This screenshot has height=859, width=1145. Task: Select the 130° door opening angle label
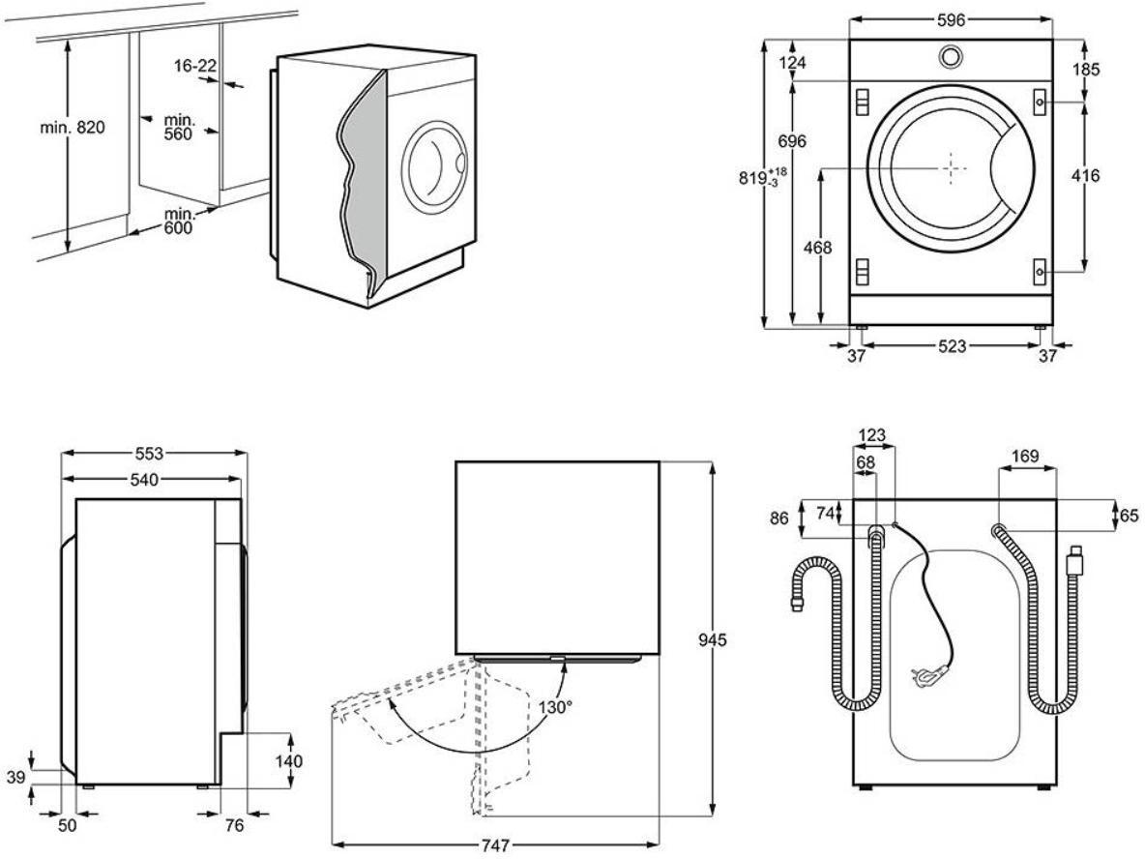click(x=557, y=707)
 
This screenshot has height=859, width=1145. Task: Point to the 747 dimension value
click(x=495, y=845)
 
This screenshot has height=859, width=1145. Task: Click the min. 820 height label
click(x=72, y=129)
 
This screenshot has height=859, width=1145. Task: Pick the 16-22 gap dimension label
click(x=194, y=65)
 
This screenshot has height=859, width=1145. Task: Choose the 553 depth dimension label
click(x=149, y=453)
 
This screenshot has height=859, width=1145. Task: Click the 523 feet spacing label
click(x=952, y=346)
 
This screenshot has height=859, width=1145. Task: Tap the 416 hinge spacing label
click(x=1086, y=176)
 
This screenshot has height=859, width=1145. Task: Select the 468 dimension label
click(x=818, y=248)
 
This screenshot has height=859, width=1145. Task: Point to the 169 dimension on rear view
click(x=1025, y=455)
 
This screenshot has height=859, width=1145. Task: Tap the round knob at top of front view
click(x=951, y=57)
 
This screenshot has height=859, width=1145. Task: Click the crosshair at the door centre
click(x=951, y=166)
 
